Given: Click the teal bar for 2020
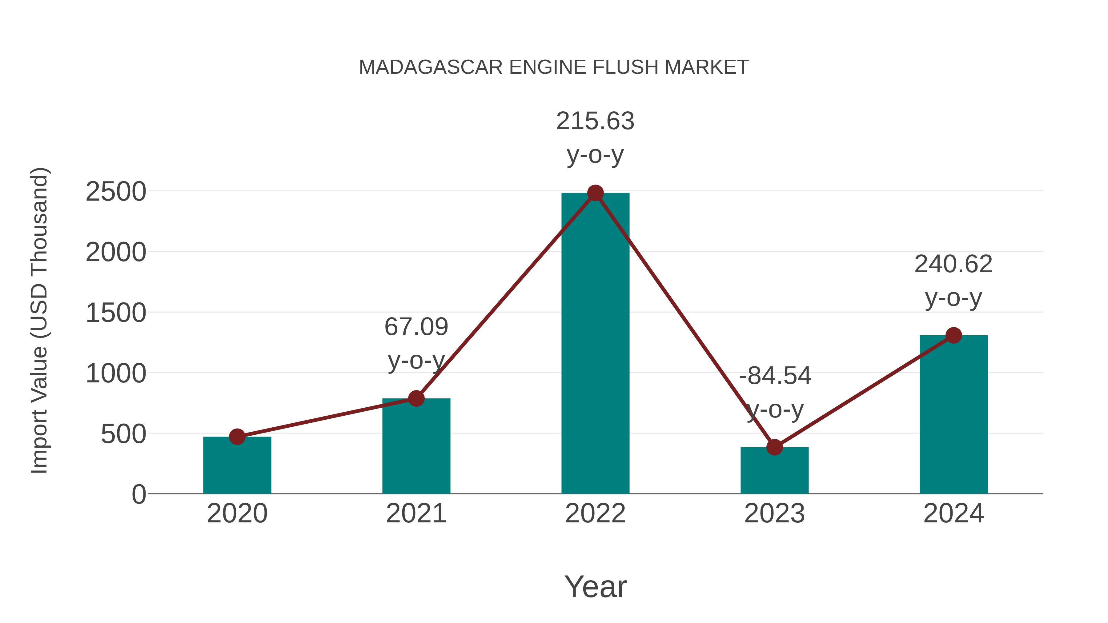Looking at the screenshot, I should point(237,466).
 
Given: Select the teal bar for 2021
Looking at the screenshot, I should point(416,447).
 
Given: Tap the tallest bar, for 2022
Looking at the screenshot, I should point(595,344).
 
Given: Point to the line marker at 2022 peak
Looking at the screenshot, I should point(595,193).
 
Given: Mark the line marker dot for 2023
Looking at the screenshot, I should point(774,447).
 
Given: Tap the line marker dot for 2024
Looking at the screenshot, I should point(953,335).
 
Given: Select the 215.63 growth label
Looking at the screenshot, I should point(595,121).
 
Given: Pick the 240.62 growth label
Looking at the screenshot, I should point(953,264).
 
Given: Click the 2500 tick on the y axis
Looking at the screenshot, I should point(116,192).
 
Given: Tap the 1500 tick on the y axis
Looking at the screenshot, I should point(116,313).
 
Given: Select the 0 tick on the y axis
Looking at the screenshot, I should point(138,494).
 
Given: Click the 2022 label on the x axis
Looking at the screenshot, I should point(595,514).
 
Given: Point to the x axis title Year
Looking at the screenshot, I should point(595,587).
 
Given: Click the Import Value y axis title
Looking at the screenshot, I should point(39,320).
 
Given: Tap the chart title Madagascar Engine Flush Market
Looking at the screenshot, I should point(554,67).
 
